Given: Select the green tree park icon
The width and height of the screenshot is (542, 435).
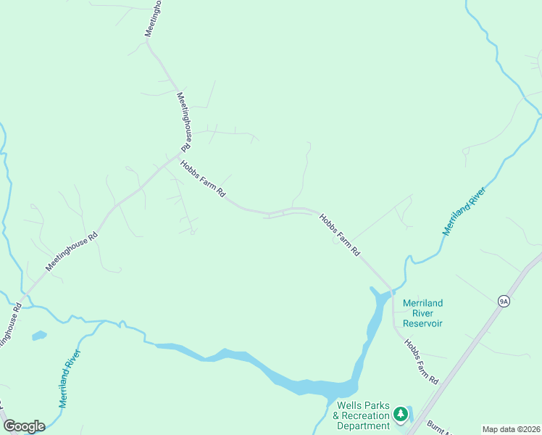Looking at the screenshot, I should pyautogui.click(x=400, y=415).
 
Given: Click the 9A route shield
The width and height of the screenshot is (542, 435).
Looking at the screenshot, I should pyautogui.click(x=504, y=301).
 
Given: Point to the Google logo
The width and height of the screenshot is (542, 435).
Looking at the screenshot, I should pyautogui.click(x=24, y=426).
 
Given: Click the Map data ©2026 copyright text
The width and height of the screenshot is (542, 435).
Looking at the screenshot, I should pyautogui.click(x=511, y=428).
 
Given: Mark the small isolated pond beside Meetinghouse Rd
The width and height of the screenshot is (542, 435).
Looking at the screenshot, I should pyautogui.click(x=39, y=336).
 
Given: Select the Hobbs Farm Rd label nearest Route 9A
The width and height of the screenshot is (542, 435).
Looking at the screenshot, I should pyautogui.click(x=422, y=362).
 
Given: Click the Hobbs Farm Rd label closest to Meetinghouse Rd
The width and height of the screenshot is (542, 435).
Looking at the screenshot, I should pyautogui.click(x=204, y=180).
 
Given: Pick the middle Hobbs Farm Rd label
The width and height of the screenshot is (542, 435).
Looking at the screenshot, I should pyautogui.click(x=340, y=236).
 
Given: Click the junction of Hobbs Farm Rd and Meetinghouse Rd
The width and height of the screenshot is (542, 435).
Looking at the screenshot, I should pyautogui.click(x=178, y=155).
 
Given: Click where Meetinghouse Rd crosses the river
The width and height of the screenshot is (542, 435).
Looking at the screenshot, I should pyautogui.click(x=20, y=300).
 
